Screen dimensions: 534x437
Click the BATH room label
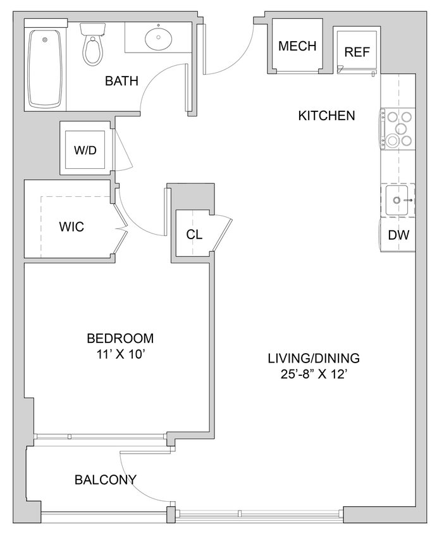click(121, 81)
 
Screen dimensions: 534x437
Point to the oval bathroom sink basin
click(156, 39)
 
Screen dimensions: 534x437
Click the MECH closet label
click(297, 46)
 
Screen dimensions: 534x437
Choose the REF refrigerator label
click(357, 52)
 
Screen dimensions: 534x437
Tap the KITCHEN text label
click(326, 116)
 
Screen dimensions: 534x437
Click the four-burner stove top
click(398, 129)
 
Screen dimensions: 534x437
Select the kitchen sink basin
click(397, 201)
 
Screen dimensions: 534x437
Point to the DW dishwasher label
click(398, 235)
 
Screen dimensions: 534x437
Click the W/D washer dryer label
click(85, 151)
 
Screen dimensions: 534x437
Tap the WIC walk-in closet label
click(71, 227)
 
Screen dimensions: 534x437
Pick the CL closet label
click(194, 235)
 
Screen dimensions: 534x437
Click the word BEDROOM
click(120, 338)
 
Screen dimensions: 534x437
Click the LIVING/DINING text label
click(313, 357)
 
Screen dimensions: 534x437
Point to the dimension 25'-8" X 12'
click(313, 374)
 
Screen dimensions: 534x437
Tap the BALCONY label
click(106, 480)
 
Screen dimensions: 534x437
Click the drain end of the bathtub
click(45, 40)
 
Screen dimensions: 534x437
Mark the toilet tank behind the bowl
click(93, 29)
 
